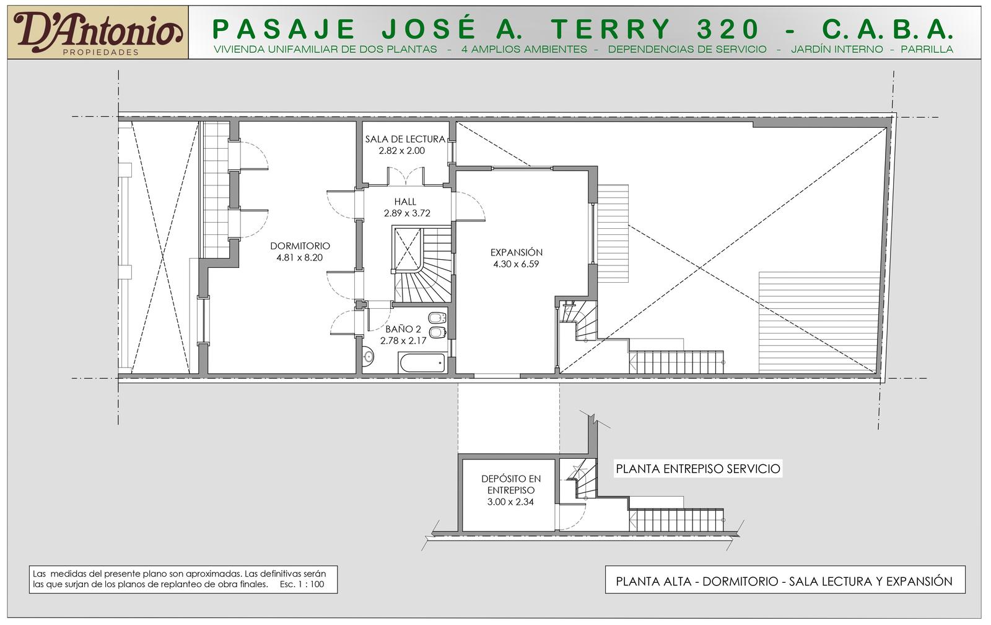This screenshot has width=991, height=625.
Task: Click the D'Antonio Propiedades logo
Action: coord(98,32)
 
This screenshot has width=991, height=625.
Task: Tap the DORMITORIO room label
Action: coord(300,246)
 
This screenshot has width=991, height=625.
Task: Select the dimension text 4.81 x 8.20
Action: coord(300,257)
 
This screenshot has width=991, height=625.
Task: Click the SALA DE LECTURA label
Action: coord(405,139)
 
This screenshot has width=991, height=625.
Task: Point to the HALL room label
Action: coord(405,202)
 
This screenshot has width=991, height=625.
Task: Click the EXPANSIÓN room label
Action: coord(517,252)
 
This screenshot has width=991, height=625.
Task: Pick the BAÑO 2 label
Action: coord(403,329)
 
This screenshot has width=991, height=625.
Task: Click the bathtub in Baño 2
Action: coord(422,363)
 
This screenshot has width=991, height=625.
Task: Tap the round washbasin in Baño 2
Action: coord(368,356)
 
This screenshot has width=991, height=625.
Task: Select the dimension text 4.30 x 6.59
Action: coord(517,264)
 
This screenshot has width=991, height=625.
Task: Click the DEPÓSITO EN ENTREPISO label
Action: coord(511,484)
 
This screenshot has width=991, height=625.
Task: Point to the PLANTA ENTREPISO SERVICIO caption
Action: coord(698,469)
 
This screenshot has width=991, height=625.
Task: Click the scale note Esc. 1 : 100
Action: coord(302,584)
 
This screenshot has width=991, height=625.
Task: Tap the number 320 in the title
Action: coord(728,29)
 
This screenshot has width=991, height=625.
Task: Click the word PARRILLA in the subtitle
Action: coord(927,50)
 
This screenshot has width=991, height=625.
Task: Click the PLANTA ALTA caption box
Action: coord(785,579)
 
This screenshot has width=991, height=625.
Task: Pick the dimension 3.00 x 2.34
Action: coord(510,502)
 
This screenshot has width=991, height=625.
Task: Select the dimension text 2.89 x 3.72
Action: coord(407,213)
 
